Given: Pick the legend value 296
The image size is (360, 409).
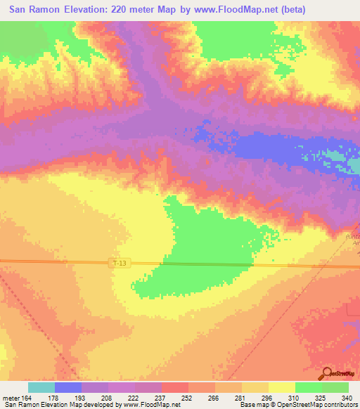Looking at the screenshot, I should click(268, 397).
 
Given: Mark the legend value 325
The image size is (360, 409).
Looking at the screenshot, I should click(321, 397).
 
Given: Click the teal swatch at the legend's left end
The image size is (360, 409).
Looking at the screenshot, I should click(41, 387).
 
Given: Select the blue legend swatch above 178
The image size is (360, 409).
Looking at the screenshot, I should click(68, 387).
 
